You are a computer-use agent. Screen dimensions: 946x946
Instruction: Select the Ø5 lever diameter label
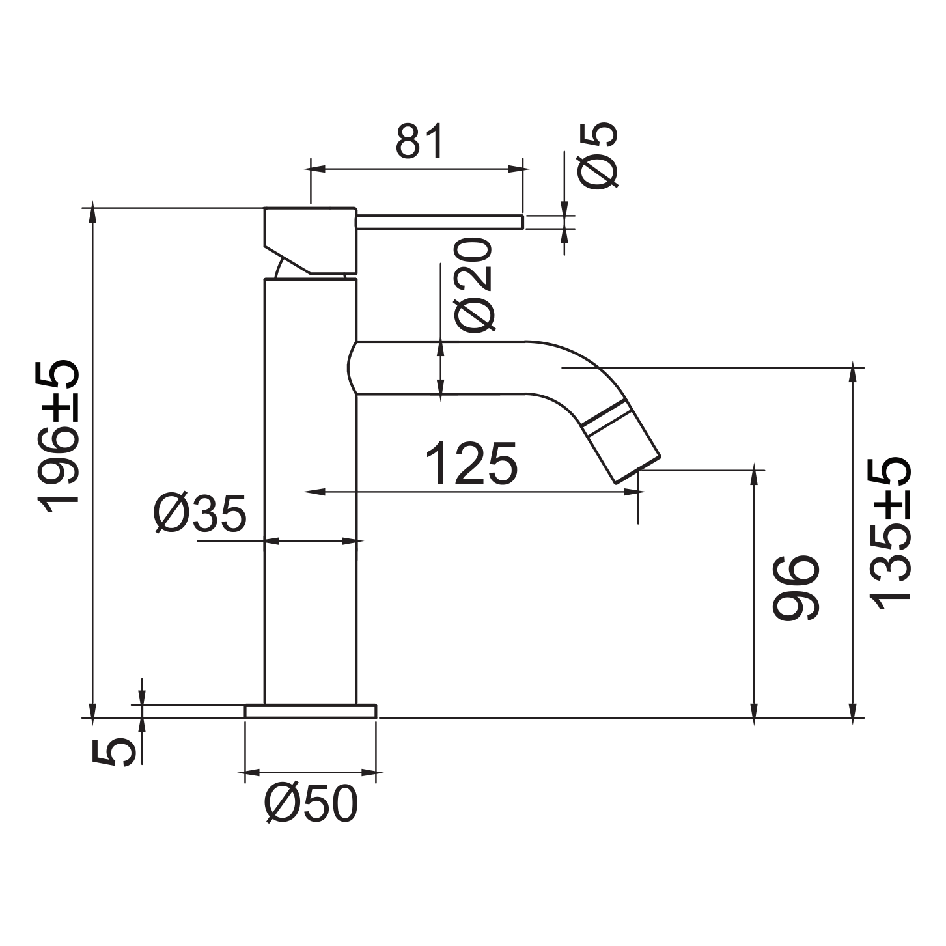598,154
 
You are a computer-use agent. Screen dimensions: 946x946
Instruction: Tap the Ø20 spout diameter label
473,285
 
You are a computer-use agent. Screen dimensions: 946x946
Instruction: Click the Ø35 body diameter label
201,514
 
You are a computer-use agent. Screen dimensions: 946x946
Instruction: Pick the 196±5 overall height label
58,436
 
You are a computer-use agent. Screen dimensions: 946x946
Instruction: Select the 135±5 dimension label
890,534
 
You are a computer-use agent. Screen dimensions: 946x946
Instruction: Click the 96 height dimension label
796,588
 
